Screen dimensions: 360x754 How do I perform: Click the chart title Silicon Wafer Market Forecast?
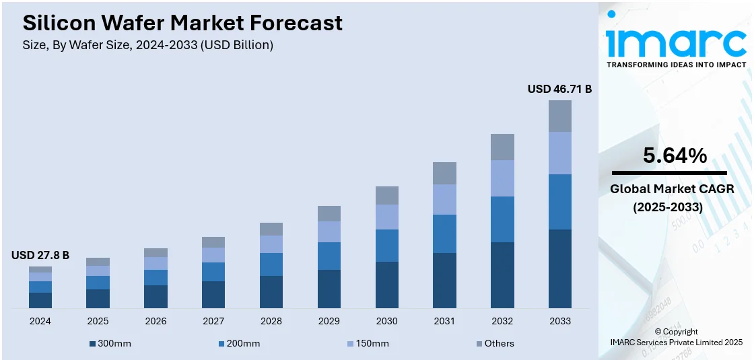click(x=182, y=23)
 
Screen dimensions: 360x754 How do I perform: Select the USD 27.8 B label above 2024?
click(x=40, y=256)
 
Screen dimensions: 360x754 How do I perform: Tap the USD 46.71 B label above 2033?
click(x=559, y=89)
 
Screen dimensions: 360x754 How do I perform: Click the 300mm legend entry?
click(x=110, y=344)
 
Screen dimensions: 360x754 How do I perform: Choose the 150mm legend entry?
click(x=368, y=344)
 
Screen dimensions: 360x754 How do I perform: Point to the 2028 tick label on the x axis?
click(x=271, y=321)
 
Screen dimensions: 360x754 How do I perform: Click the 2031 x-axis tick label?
click(x=444, y=321)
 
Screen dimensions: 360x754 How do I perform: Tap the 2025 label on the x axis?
click(x=98, y=321)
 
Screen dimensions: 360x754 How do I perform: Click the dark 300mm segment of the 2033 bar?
click(x=560, y=268)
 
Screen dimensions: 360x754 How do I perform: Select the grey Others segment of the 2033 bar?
click(x=560, y=116)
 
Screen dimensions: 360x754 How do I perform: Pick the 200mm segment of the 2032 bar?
click(x=502, y=219)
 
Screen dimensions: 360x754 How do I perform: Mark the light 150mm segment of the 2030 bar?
click(x=387, y=217)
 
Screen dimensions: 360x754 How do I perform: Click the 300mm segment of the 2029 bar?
click(x=329, y=289)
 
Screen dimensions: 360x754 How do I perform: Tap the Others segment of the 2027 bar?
click(x=213, y=242)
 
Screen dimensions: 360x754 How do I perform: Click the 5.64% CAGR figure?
click(x=675, y=156)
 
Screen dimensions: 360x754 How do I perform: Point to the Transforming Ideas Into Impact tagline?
click(x=676, y=65)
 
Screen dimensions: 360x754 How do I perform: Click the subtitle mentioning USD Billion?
click(x=148, y=45)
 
